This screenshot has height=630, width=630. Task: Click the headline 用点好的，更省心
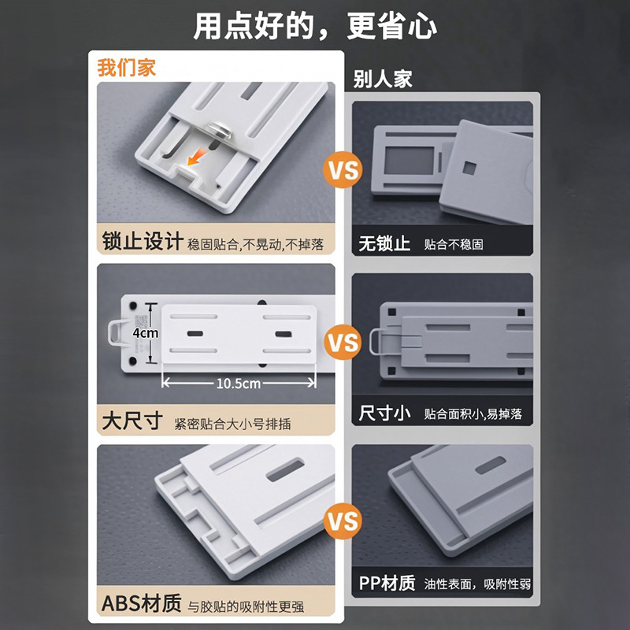coord(315,27)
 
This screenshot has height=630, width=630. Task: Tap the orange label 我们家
coord(127,68)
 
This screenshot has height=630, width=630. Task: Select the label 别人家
coord(383,79)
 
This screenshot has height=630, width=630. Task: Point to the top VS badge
coord(343,170)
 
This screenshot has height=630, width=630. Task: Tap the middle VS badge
coord(343,343)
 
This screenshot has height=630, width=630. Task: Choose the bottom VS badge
coord(343,521)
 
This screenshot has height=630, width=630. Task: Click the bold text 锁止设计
coord(143,242)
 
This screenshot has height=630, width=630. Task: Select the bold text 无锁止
coord(384,243)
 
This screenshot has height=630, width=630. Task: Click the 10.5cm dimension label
coord(239,384)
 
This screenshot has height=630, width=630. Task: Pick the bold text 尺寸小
coord(384,413)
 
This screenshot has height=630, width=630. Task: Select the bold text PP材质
coord(387,584)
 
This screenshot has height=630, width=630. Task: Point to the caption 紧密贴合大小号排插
coord(232,424)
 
